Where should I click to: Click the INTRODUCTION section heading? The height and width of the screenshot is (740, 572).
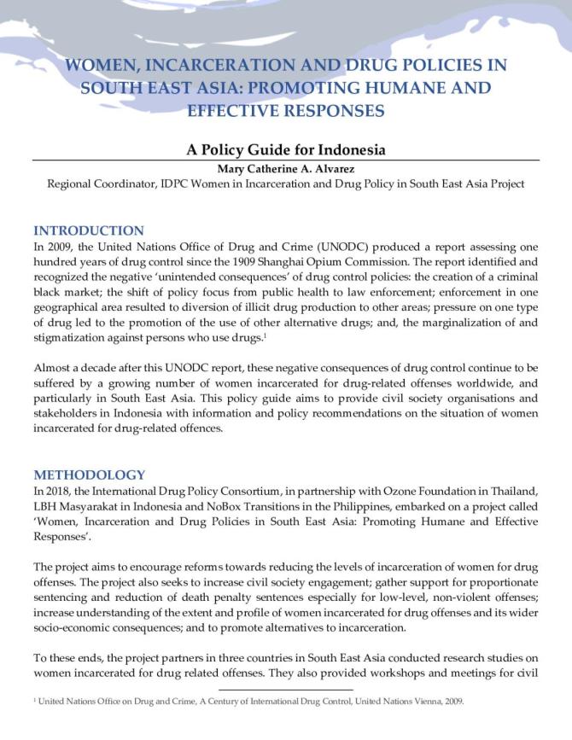[88, 230]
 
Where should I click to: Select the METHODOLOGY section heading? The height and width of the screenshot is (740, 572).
[89, 475]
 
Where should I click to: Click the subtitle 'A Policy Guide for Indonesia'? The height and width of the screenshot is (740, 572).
[286, 149]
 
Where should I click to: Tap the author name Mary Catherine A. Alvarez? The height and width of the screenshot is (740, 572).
[286, 168]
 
